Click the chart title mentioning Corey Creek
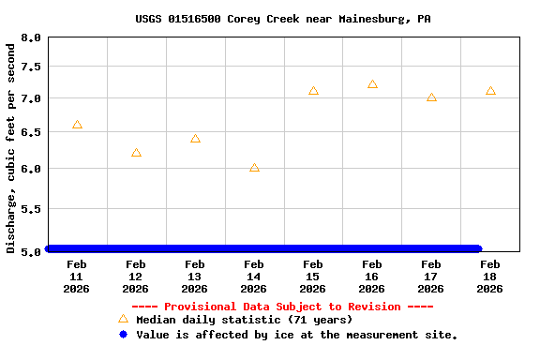pyautogui.click(x=270, y=19)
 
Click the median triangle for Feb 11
pyautogui.click(x=77, y=125)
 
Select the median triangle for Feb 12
pyautogui.click(x=136, y=153)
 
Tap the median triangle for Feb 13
pyautogui.click(x=195, y=139)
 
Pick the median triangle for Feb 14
pyautogui.click(x=254, y=168)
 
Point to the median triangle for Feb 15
pyautogui.click(x=313, y=91)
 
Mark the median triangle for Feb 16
pyautogui.click(x=372, y=84)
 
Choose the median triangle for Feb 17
pyautogui.click(x=431, y=97)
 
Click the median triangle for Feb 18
pyautogui.click(x=490, y=91)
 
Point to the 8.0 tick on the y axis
pyautogui.click(x=31, y=38)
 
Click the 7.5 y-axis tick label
pyautogui.click(x=31, y=67)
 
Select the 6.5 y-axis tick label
pyautogui.click(x=31, y=133)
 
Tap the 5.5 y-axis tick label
pyautogui.click(x=31, y=209)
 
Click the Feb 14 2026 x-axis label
pyautogui.click(x=254, y=277)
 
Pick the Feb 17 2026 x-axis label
pyautogui.click(x=431, y=277)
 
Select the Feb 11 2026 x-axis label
pyautogui.click(x=77, y=277)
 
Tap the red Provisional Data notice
pyautogui.click(x=282, y=307)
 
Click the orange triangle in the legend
pyautogui.click(x=123, y=319)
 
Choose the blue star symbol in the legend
pyautogui.click(x=123, y=335)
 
